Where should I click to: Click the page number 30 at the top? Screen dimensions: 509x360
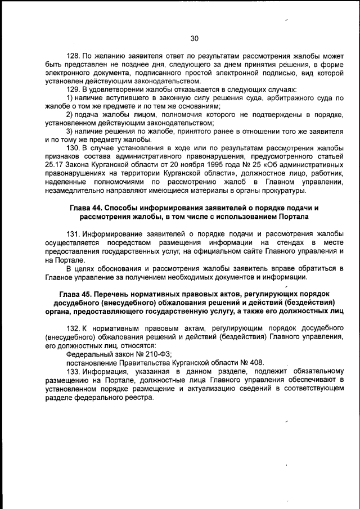click(194, 39)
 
